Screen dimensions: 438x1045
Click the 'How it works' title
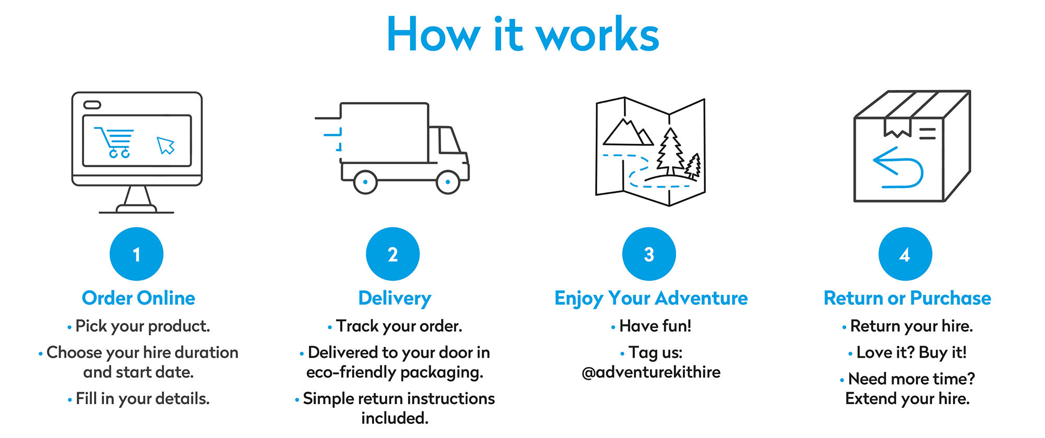pos(522,34)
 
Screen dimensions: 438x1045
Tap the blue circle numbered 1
pos(136,254)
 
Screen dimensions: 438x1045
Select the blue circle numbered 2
pos(393,254)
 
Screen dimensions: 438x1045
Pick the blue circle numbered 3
pos(649,254)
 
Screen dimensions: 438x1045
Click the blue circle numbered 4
pos(905,254)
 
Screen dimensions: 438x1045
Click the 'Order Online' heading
pos(138,298)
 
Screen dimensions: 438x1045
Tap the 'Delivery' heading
pos(394,298)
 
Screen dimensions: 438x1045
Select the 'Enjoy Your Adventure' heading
pos(651,298)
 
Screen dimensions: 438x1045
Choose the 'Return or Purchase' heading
pos(907,298)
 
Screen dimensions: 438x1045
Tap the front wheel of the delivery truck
pos(448,182)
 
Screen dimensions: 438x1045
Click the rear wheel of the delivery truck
pos(365,182)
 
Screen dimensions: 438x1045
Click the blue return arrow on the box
pos(898,167)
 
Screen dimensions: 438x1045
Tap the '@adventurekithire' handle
pos(651,372)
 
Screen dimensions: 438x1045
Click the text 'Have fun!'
pos(655,326)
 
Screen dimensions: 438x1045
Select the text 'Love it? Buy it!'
pos(911,352)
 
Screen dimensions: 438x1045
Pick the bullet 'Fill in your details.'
pos(142,399)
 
